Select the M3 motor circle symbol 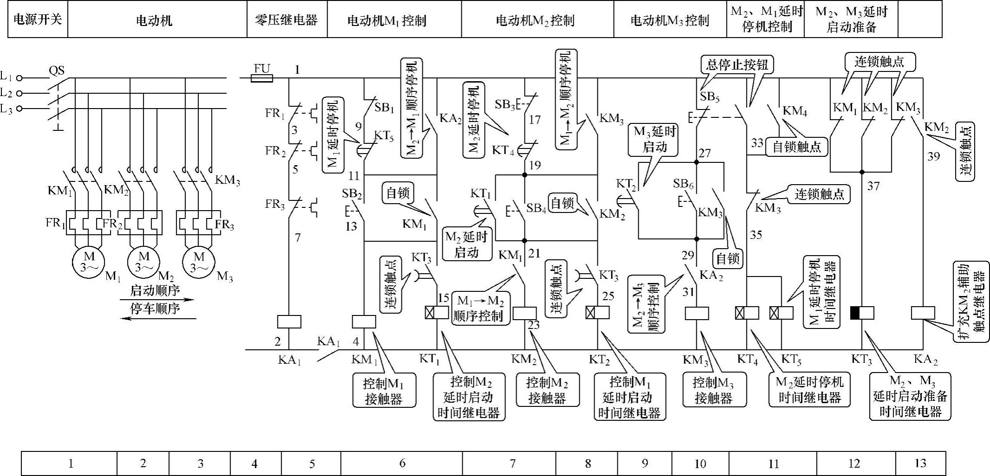tap(199, 262)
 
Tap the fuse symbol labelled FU tap(262, 78)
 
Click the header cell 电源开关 tap(38, 19)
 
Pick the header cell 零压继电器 tap(287, 19)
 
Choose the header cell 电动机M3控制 tap(670, 19)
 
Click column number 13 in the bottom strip tap(920, 463)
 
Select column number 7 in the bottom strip tap(512, 463)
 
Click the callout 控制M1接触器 tap(384, 391)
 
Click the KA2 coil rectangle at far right tap(923, 313)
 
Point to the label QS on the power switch tap(56, 70)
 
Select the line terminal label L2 tap(7, 93)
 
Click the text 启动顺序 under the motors tap(155, 291)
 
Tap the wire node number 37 tap(873, 186)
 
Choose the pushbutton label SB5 tap(710, 97)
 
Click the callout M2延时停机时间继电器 tap(810, 390)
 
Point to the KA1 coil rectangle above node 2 tap(289, 322)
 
